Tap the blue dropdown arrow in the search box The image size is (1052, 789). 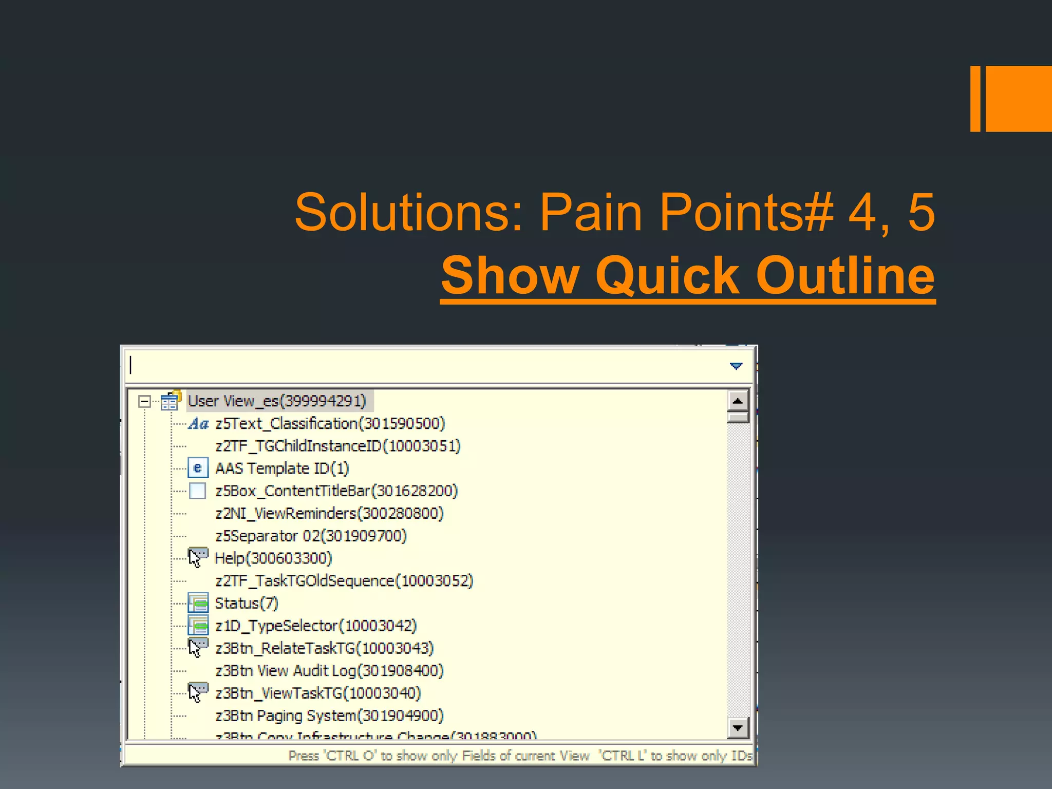pyautogui.click(x=736, y=366)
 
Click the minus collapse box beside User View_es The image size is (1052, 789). pyautogui.click(x=144, y=401)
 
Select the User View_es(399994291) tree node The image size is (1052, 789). pyautogui.click(x=277, y=401)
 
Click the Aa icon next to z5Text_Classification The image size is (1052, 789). pyautogui.click(x=198, y=424)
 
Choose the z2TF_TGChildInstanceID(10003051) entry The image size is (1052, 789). pyautogui.click(x=337, y=446)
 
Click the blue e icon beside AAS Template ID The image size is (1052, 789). pyautogui.click(x=198, y=468)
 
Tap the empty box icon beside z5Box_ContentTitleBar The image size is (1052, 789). pyautogui.click(x=198, y=491)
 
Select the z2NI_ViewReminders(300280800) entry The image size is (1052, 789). pyautogui.click(x=329, y=513)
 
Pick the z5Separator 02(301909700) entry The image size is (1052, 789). pyautogui.click(x=310, y=536)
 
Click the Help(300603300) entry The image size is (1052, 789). pyautogui.click(x=273, y=558)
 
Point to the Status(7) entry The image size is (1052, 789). pyautogui.click(x=246, y=603)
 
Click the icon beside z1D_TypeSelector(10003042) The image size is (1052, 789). pyautogui.click(x=198, y=626)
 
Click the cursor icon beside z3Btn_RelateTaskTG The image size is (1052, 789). pyautogui.click(x=198, y=648)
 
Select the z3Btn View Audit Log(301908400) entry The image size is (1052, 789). pyautogui.click(x=329, y=671)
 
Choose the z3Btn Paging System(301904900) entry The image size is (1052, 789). pyautogui.click(x=329, y=716)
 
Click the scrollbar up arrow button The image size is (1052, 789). pyautogui.click(x=738, y=401)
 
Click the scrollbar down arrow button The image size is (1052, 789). pyautogui.click(x=738, y=727)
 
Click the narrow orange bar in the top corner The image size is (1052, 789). pyautogui.click(x=975, y=99)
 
